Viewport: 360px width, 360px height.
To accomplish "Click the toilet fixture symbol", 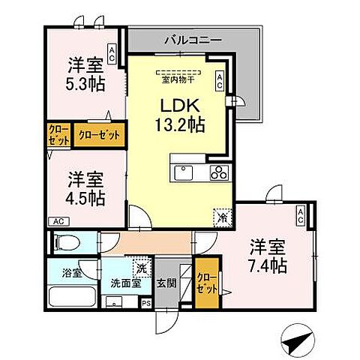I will tap(65, 242).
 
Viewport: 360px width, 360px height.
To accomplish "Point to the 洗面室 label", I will tap(125, 284).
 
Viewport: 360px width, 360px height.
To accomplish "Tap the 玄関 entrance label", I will tap(166, 284).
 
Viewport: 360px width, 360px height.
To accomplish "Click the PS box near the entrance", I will tap(146, 304).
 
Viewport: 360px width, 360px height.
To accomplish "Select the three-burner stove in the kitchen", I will tap(218, 173).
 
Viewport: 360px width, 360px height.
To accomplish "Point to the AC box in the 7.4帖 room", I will tap(300, 217).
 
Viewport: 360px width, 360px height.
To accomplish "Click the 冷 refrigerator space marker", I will tap(223, 216).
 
